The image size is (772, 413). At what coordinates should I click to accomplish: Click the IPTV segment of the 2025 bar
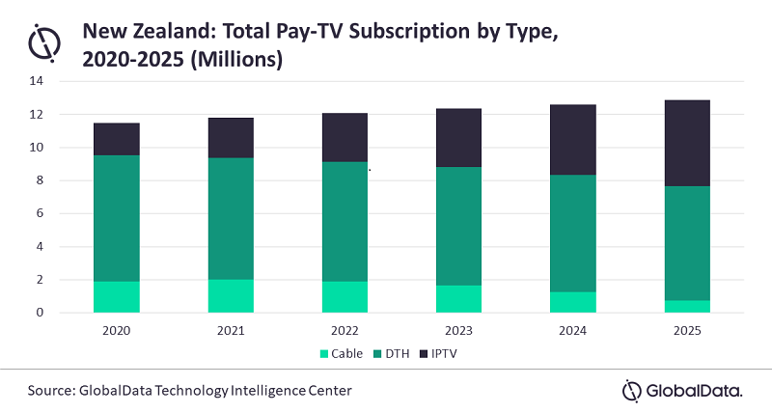pos(687,143)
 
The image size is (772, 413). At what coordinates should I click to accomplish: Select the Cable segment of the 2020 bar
pos(116,297)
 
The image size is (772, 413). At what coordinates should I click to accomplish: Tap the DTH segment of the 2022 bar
pos(345,222)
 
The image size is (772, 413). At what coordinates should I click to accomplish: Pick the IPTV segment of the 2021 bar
pos(231,138)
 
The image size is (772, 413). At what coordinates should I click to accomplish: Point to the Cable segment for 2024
pos(573,302)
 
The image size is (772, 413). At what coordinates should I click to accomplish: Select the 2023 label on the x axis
pos(459,329)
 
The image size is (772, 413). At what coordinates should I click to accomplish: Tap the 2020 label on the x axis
pos(116,329)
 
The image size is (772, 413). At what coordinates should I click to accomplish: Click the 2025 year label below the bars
pos(687,329)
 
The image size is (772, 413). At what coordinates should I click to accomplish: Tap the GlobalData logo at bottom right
pos(682,390)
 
